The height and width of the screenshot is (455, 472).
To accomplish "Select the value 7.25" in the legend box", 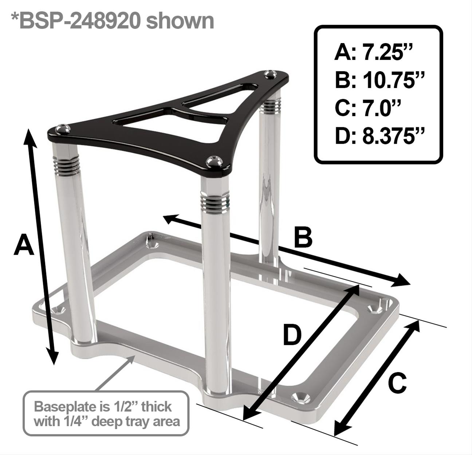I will [x=387, y=53].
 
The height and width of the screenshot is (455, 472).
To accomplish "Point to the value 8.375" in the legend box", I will [x=394, y=136].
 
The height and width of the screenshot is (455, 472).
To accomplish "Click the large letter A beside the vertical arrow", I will [x=24, y=245].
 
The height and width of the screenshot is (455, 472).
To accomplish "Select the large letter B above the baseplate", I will [x=303, y=237].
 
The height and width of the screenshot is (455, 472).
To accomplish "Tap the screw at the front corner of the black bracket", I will [x=214, y=161].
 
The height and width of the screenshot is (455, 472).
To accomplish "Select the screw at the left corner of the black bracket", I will [x=62, y=128].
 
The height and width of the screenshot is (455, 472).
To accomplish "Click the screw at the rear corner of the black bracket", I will [x=270, y=74].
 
